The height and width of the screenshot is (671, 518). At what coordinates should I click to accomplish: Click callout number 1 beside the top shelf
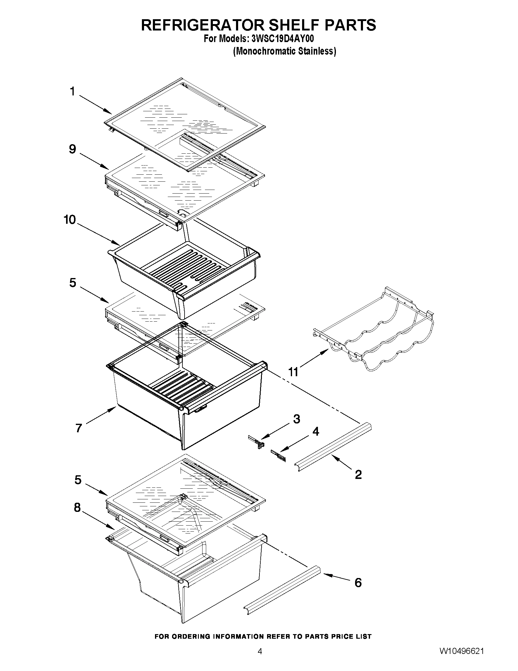pyautogui.click(x=72, y=91)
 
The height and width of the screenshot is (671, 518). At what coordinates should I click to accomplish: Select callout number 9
pyautogui.click(x=72, y=149)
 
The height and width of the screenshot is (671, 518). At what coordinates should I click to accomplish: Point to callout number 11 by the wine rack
pyautogui.click(x=293, y=372)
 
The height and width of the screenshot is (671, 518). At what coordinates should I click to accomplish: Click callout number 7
pyautogui.click(x=79, y=428)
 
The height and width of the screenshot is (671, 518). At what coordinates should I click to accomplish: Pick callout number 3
pyautogui.click(x=296, y=419)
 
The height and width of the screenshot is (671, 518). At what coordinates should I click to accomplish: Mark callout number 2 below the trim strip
pyautogui.click(x=358, y=475)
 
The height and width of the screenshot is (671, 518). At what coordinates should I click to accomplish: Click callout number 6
pyautogui.click(x=358, y=583)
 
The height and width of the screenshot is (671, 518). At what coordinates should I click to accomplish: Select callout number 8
pyautogui.click(x=77, y=508)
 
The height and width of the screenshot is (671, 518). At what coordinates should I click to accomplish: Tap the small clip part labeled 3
pyautogui.click(x=256, y=441)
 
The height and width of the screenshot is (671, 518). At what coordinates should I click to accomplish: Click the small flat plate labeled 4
pyautogui.click(x=278, y=456)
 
